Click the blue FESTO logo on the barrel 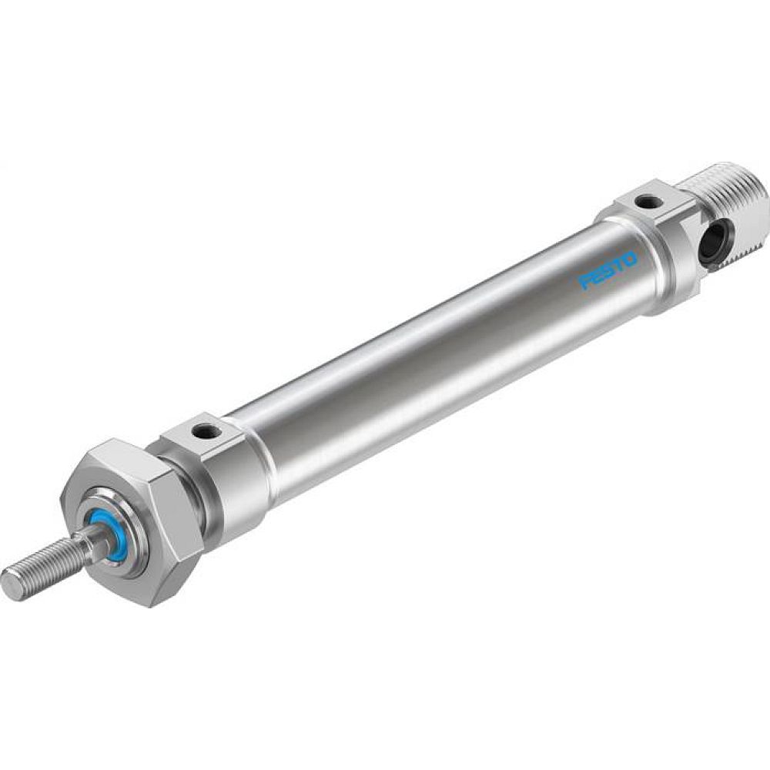click(x=608, y=270)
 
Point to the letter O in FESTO click(x=629, y=259)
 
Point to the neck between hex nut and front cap click(x=196, y=501)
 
